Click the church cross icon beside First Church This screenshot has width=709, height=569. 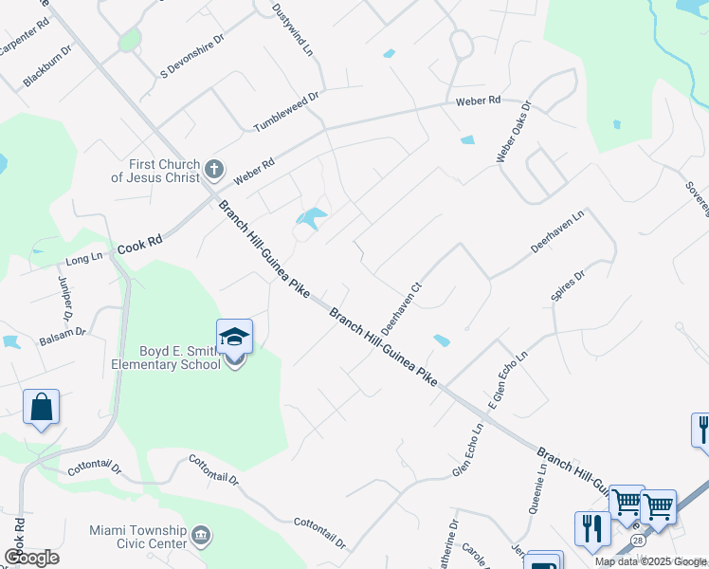click(x=214, y=171)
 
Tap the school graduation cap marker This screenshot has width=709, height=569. click(x=234, y=337)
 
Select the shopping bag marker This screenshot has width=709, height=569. click(x=41, y=408)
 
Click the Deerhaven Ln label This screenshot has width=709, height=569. click(x=557, y=230)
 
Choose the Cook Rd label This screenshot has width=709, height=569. click(x=139, y=245)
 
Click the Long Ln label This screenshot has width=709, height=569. click(x=83, y=258)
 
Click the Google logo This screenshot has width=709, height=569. click(x=31, y=558)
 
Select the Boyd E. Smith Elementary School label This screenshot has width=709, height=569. click(x=161, y=357)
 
